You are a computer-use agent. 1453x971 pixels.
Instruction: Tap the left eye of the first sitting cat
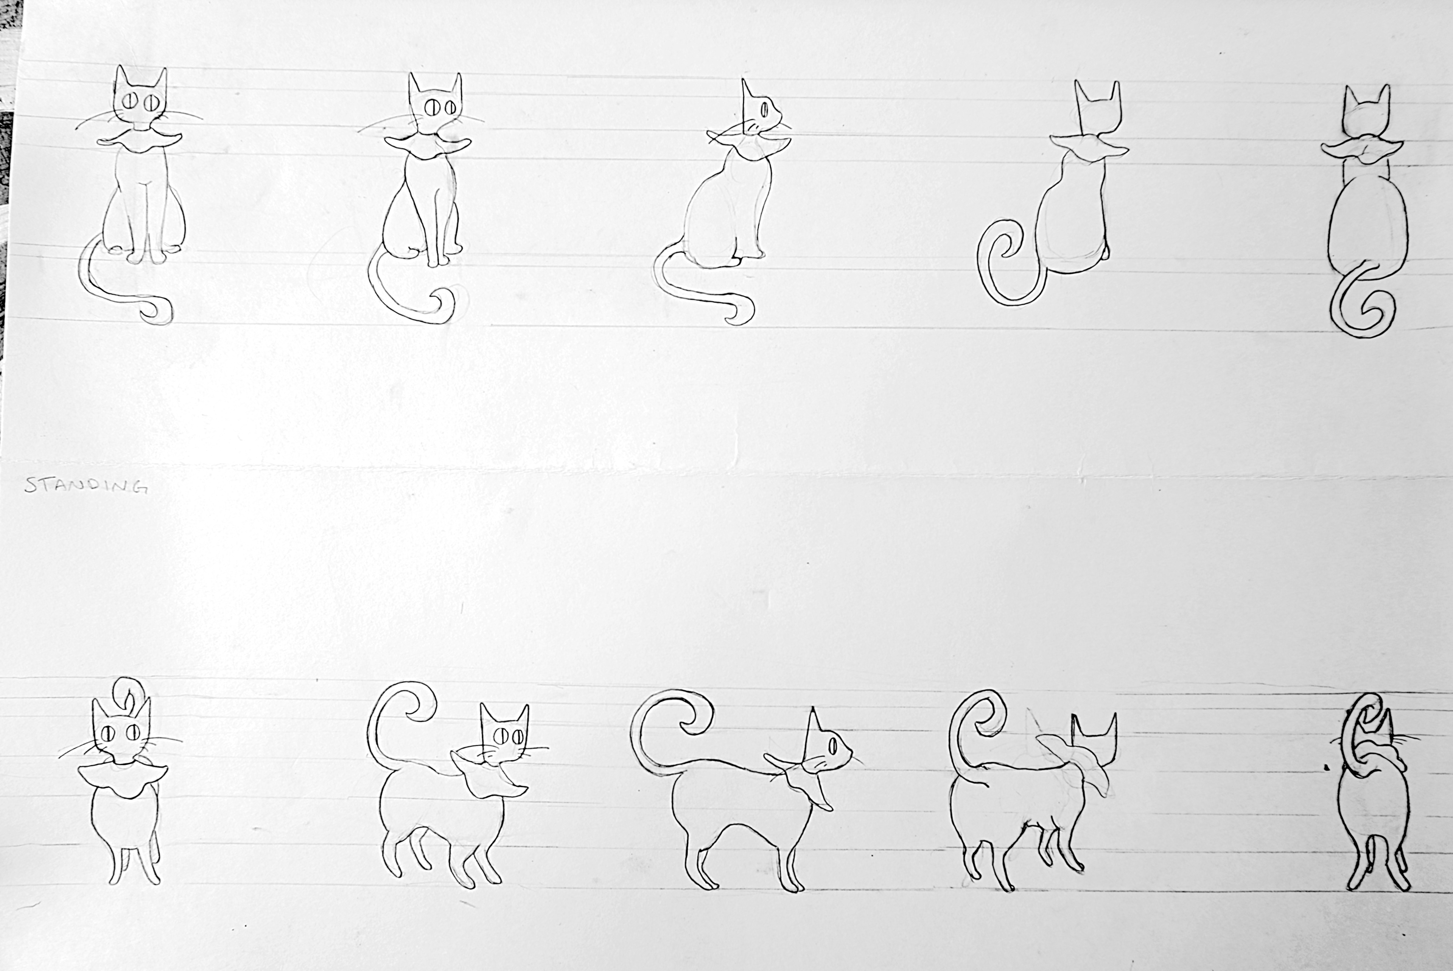(x=131, y=101)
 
